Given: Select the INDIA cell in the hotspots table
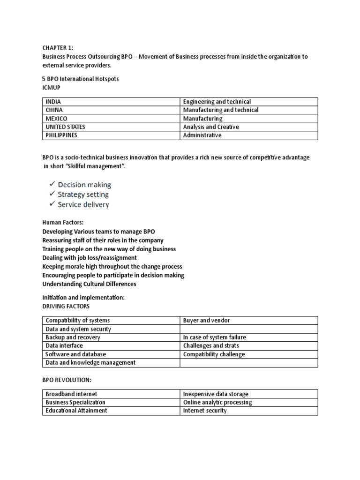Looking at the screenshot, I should [53, 102].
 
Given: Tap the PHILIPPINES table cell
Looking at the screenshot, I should [61, 135].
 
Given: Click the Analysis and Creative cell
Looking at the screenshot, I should [211, 127].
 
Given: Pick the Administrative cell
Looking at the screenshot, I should [202, 135].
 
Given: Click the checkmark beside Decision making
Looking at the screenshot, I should [52, 185].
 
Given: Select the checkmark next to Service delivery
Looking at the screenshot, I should [52, 204].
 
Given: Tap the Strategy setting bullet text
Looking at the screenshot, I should [83, 195].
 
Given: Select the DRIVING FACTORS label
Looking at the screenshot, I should [66, 306].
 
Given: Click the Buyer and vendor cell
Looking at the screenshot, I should [206, 321].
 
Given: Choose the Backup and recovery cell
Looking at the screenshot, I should [73, 337].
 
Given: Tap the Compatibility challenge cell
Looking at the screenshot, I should [214, 354].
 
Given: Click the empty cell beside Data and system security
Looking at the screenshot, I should [248, 329].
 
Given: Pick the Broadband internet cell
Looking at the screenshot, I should [71, 394].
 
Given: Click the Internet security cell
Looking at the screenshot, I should [205, 411].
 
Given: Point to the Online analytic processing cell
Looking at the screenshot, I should [217, 402].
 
